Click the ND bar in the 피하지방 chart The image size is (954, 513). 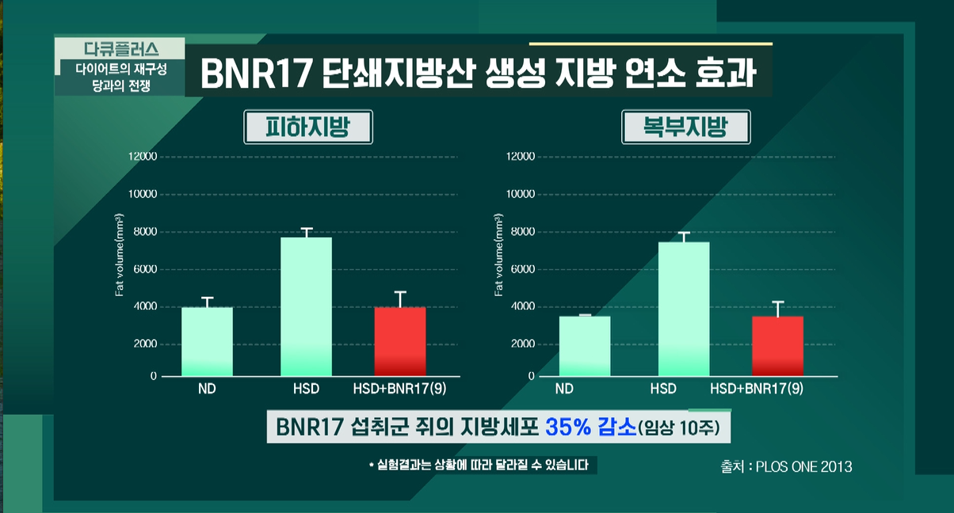click(x=208, y=341)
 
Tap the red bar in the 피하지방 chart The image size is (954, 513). click(x=400, y=341)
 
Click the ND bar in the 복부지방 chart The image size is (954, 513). click(x=585, y=346)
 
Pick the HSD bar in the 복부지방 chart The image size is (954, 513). click(x=684, y=309)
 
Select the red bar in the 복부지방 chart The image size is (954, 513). click(x=777, y=346)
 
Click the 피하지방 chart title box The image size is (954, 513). click(x=307, y=127)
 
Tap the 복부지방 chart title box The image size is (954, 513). click(x=685, y=127)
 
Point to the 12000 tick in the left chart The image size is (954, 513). click(x=143, y=157)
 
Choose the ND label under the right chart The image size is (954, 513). click(x=564, y=389)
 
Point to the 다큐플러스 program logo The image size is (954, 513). click(x=120, y=47)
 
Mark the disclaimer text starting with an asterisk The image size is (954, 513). click(x=482, y=465)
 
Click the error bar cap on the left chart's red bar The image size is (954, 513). click(x=400, y=292)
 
